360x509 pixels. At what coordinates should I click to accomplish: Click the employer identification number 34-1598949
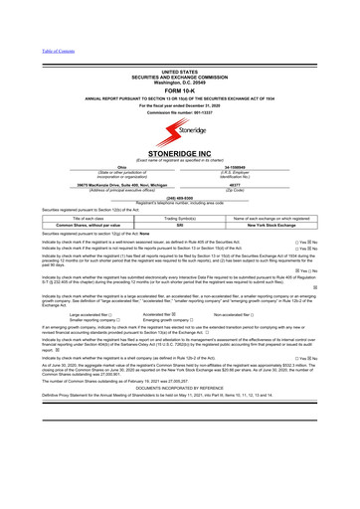(x=262, y=167)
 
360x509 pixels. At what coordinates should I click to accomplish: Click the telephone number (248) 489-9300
(x=179, y=196)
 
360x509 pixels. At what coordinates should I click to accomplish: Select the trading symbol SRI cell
(x=179, y=226)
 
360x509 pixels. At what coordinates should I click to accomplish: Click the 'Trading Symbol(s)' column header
(x=179, y=218)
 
